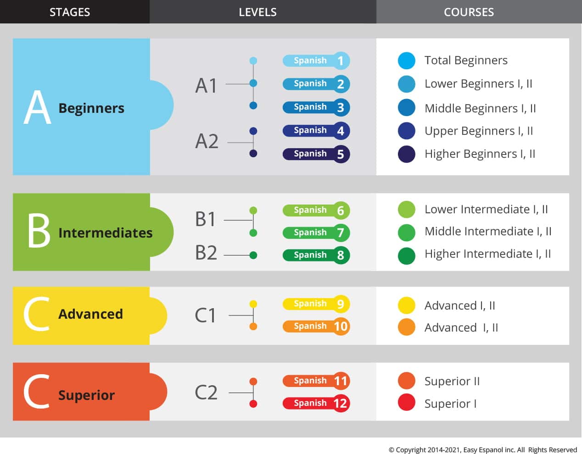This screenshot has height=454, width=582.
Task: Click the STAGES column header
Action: click(70, 12)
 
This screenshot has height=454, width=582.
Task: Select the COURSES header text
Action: click(469, 12)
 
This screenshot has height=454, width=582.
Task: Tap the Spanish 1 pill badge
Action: click(316, 61)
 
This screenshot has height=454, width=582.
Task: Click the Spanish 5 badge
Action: click(316, 154)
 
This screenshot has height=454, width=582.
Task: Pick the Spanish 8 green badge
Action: click(316, 255)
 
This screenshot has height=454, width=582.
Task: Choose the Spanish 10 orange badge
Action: click(316, 327)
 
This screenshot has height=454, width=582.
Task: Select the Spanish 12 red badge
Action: click(316, 403)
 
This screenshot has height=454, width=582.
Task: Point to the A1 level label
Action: click(206, 86)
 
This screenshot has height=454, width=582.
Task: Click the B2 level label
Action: click(206, 253)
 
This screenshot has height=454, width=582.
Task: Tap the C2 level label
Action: click(206, 393)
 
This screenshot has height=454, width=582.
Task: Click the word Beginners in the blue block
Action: click(91, 109)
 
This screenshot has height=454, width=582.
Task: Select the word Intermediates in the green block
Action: click(106, 233)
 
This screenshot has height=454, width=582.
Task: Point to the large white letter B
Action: click(39, 230)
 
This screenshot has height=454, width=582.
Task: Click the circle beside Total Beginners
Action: click(407, 61)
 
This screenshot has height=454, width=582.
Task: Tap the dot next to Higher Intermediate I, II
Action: click(407, 256)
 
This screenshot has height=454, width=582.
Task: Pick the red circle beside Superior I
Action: click(407, 402)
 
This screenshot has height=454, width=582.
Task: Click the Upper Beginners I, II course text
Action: click(479, 131)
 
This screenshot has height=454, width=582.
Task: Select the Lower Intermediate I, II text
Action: click(486, 210)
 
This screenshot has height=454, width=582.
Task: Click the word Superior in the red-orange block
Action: click(86, 395)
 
